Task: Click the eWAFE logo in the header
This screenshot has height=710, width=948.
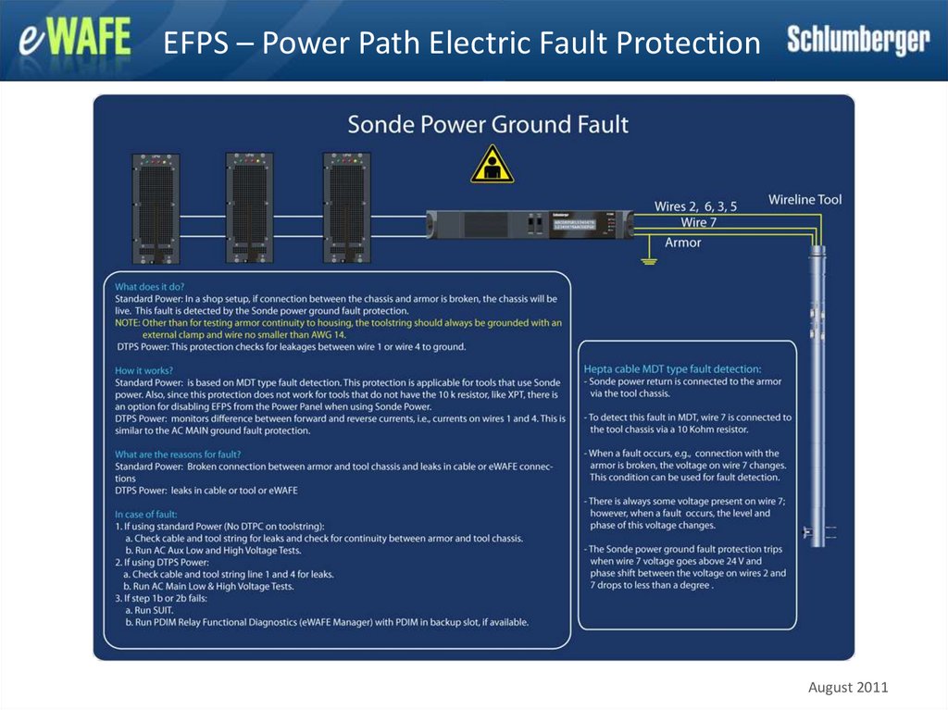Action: click(x=76, y=41)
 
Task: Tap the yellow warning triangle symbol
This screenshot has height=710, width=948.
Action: click(x=492, y=164)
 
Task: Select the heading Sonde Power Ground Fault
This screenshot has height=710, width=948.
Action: click(x=487, y=124)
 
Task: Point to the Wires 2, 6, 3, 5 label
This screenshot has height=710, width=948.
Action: click(x=695, y=206)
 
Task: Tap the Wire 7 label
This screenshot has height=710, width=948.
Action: click(x=699, y=222)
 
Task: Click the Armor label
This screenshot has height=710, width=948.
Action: click(x=683, y=243)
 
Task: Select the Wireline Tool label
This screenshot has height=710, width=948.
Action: click(x=805, y=199)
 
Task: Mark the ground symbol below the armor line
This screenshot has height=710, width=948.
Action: click(x=649, y=263)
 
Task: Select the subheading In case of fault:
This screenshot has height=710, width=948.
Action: click(x=146, y=514)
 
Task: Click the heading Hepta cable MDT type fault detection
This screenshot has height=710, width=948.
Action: click(x=672, y=368)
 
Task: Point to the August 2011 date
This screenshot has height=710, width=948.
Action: click(x=848, y=687)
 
